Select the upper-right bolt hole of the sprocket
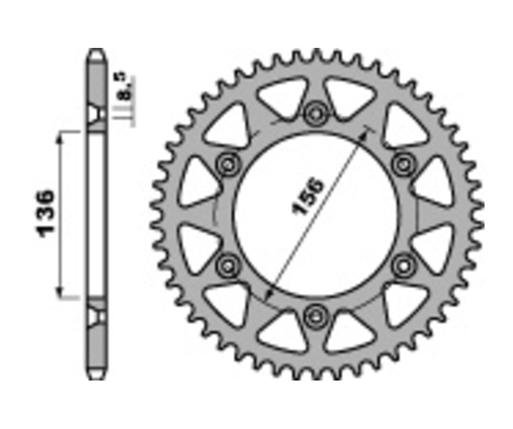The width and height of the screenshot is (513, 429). (404, 164)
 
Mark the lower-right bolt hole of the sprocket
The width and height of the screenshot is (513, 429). (404, 264)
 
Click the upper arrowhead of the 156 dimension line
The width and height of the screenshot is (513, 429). (365, 135)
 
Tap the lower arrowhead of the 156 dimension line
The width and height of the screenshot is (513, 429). (269, 294)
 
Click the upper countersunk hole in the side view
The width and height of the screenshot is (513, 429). (96, 114)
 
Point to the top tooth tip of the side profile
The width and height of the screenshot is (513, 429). (96, 52)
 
